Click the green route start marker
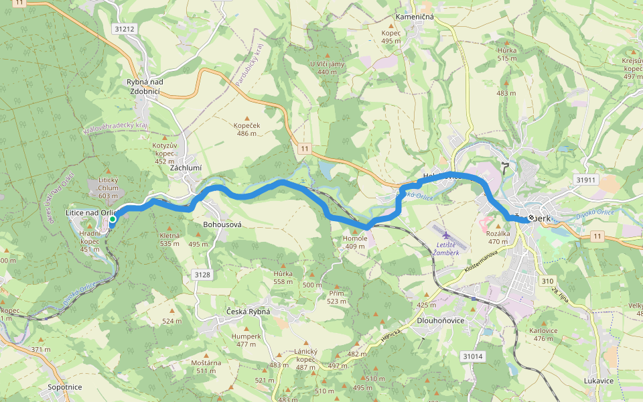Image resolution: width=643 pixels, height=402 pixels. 113,219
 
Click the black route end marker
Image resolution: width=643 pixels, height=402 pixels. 531,218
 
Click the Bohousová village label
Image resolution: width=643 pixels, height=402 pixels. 222,225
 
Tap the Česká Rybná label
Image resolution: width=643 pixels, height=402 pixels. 248,312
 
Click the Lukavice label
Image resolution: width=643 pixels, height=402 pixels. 599,381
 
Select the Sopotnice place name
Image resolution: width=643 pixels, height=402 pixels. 65,387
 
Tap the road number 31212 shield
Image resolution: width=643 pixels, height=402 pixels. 125,29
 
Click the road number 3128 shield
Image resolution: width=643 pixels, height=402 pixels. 202,275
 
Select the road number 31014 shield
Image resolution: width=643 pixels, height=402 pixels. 472,356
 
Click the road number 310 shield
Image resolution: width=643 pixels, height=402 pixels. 548,281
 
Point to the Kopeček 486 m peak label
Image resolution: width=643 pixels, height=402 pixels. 246,129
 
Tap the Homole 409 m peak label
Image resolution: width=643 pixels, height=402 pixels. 355,242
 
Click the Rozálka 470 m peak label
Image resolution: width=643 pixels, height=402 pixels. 498,237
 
